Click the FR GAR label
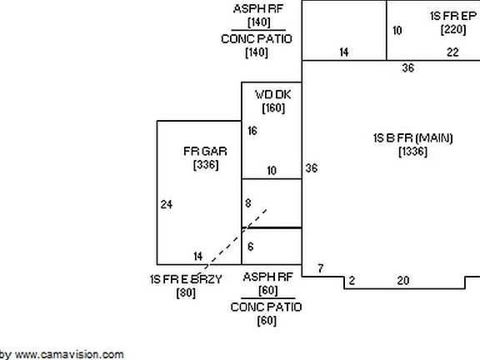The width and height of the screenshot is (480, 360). pos(205,151)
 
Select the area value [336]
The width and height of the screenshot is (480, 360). pos(206,165)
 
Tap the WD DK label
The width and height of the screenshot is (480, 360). pos(273,95)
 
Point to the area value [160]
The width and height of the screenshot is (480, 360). pos(273,107)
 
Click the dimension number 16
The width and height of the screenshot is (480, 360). pos(252,131)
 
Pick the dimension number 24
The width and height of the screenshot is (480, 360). pos(167,204)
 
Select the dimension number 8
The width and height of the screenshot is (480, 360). pos(248,203)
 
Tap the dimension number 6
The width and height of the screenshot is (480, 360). pos(250,247)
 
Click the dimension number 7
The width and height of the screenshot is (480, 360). pos(321,268)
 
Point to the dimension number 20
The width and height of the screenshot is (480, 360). pos(403,280)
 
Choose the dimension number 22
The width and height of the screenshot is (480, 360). pos(452,52)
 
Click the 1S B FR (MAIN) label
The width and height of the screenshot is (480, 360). pos(413,138)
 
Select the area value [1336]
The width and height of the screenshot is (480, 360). pos(413,152)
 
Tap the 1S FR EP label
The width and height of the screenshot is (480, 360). pos(453,16)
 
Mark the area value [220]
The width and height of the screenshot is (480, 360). pos(453,30)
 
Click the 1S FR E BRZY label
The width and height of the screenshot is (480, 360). pos(186,279)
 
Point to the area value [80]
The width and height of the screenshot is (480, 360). pos(186,293)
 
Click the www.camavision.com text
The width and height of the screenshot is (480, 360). pos(69,354)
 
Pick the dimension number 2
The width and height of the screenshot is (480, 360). pos(352,280)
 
